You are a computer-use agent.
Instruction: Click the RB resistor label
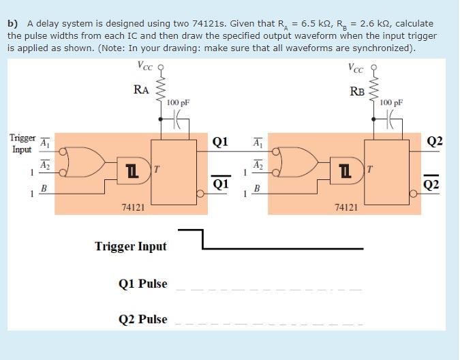(357, 91)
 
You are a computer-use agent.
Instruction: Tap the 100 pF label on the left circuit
(178, 102)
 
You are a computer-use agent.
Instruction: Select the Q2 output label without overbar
(434, 141)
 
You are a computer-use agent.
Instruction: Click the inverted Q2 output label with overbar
(434, 185)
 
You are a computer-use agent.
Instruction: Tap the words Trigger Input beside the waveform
(130, 246)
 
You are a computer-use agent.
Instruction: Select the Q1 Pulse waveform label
(142, 284)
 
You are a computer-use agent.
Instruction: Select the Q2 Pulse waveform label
(142, 319)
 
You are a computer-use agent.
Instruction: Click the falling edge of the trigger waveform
(203, 239)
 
